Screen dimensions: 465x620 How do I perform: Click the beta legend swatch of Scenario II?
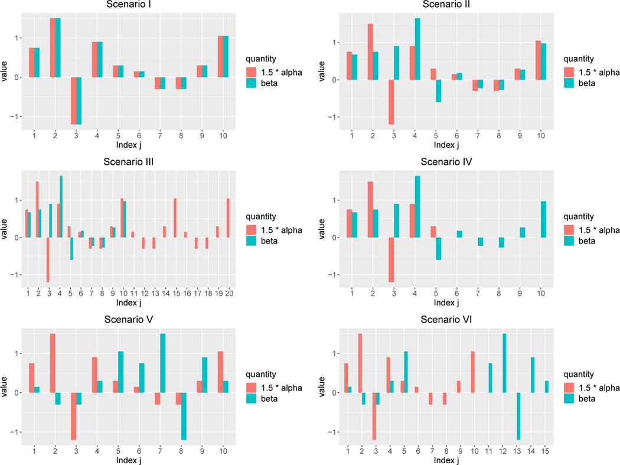[x=570, y=83]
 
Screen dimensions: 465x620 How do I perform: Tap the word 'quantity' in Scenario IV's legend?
[x=578, y=216]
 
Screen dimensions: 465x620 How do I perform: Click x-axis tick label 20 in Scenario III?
[x=229, y=293]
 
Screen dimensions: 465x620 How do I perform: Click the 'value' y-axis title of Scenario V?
[x=5, y=392]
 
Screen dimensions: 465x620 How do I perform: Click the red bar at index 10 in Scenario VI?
[x=473, y=372]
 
